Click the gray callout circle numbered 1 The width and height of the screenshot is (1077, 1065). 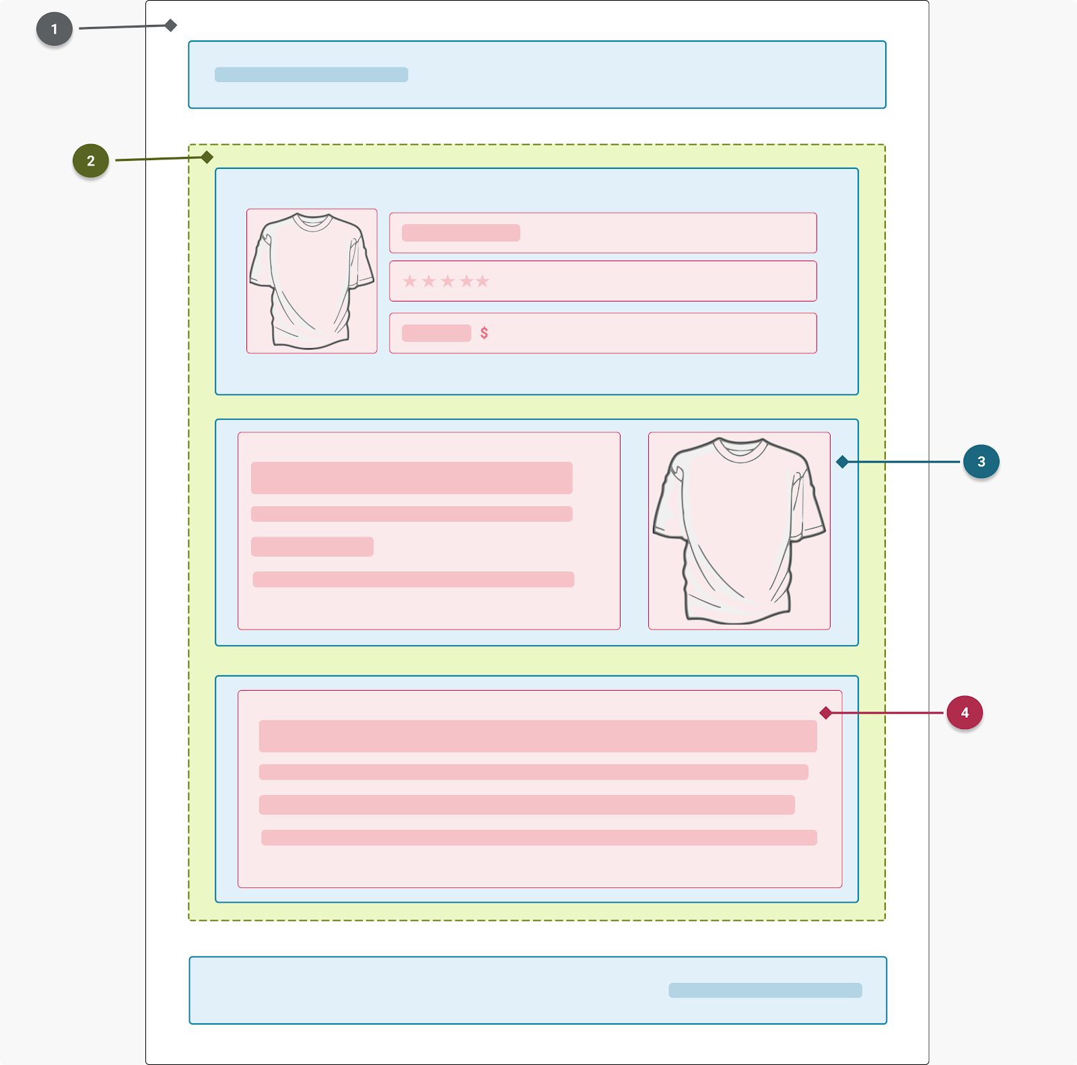point(55,29)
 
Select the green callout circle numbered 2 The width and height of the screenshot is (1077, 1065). point(91,161)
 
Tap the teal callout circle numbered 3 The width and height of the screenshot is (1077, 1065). point(981,462)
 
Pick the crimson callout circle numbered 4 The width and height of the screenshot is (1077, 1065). point(965,713)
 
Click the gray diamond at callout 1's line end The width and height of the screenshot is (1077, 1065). point(171,26)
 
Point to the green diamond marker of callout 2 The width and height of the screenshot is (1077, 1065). point(207,158)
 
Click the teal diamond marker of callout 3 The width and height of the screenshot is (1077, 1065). point(842,462)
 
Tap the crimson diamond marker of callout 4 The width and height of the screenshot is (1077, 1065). point(826,713)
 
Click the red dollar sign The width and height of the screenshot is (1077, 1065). point(484,333)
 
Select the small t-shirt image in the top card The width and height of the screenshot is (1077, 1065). point(312,281)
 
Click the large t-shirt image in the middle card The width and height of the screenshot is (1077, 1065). point(739,530)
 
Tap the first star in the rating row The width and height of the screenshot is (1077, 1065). point(410,281)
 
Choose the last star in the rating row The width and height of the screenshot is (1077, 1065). point(483,281)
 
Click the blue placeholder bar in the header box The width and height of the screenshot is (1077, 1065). point(311,75)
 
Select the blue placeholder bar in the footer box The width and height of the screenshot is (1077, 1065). point(765,990)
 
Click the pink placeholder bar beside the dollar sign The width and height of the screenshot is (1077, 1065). point(436,333)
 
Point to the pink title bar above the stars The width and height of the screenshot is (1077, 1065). point(461,233)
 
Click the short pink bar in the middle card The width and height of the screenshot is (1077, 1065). point(312,547)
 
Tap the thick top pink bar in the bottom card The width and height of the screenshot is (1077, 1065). point(538,736)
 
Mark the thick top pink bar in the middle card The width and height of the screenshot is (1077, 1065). point(412,478)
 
